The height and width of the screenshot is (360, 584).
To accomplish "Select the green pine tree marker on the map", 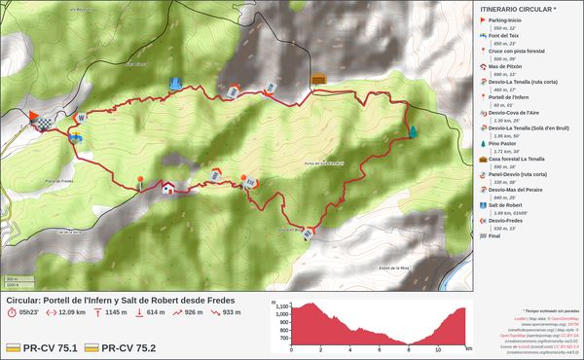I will click(x=414, y=131).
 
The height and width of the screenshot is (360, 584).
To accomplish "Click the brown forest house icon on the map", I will click(x=318, y=79).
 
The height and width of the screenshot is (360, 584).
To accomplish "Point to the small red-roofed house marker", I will click(x=168, y=187).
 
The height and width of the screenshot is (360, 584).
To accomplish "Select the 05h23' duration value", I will click(x=28, y=312).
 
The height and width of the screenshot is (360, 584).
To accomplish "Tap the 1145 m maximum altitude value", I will click(x=117, y=312).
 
